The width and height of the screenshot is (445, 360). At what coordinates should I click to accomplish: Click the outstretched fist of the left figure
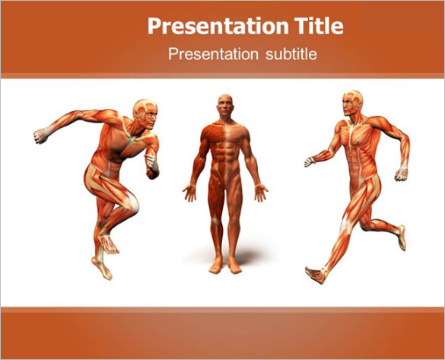coord(40,136)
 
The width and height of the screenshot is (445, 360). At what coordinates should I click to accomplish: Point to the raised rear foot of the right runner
coord(401,237)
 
